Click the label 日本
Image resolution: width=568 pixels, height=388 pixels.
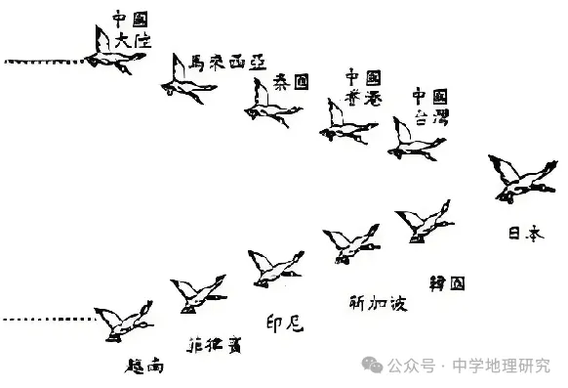524,234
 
